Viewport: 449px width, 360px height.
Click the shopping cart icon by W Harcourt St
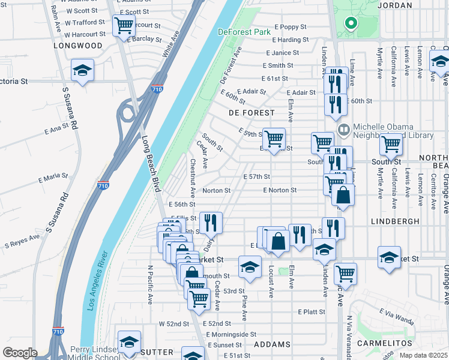click(124, 26)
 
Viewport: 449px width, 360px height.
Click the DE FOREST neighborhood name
click(252, 113)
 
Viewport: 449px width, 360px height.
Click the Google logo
click(20, 353)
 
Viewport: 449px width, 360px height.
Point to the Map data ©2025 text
click(424, 355)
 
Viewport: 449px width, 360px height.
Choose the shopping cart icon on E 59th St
click(274, 138)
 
